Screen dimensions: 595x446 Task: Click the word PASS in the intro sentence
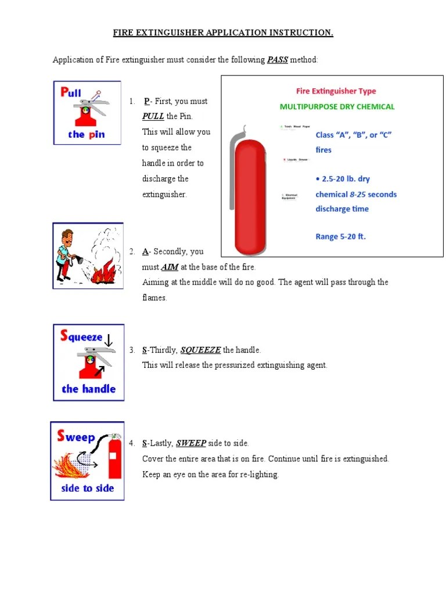[277, 60]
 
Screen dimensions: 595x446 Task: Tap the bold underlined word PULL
[153, 117]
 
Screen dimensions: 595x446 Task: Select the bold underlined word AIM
[169, 267]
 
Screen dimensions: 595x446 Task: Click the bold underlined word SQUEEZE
[200, 350]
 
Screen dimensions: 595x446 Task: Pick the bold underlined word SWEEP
[191, 443]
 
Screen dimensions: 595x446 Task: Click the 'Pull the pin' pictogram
[87, 113]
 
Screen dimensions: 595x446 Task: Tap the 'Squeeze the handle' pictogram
[88, 362]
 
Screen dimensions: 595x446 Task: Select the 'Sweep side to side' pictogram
[87, 461]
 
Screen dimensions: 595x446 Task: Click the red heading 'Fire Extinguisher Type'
[336, 91]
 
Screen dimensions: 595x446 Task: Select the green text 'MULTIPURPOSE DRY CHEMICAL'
[337, 107]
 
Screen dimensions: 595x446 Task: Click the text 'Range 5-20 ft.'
[341, 236]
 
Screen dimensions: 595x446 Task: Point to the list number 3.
[132, 350]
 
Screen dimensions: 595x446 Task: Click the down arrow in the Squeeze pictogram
[108, 340]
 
